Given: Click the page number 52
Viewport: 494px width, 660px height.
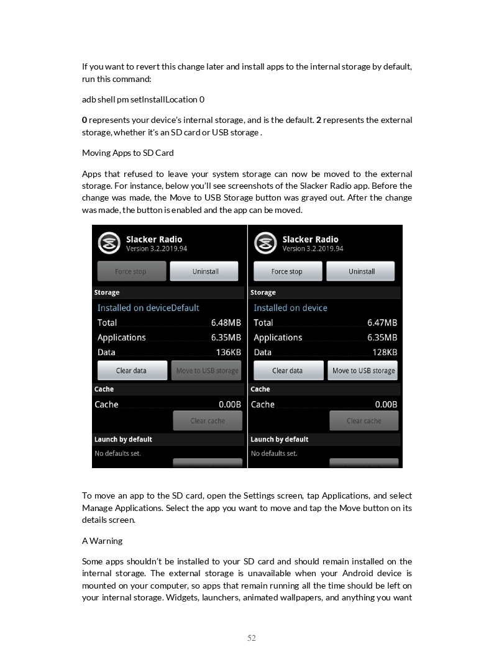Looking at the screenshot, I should (252, 638).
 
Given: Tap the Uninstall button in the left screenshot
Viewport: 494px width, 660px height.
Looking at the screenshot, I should (204, 271).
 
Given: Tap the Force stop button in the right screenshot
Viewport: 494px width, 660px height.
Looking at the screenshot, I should (287, 271).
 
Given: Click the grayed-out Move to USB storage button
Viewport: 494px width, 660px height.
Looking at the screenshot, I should (207, 371).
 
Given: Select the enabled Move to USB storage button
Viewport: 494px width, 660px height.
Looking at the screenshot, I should (363, 371).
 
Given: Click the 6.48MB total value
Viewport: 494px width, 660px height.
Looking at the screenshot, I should (226, 323).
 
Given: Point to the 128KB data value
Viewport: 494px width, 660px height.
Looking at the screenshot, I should (385, 352).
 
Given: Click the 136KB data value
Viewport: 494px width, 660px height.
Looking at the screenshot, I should (228, 352).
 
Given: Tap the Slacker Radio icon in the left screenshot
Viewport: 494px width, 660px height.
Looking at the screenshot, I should (109, 243).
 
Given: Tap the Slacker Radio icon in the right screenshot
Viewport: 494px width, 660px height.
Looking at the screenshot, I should (265, 243).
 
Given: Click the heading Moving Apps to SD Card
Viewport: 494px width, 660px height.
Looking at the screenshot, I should (128, 153).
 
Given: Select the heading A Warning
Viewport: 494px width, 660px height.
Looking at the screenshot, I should (102, 541).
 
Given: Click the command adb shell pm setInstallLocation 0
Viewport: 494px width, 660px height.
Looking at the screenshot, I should (143, 99).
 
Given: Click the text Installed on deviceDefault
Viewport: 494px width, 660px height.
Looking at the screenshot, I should (148, 308).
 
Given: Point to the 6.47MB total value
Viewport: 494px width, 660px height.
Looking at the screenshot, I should (382, 323).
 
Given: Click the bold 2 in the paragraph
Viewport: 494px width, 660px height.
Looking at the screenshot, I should (319, 120).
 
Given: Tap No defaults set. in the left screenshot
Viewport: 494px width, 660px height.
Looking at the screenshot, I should (117, 453).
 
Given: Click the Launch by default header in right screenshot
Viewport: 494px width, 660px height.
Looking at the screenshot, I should (280, 440).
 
